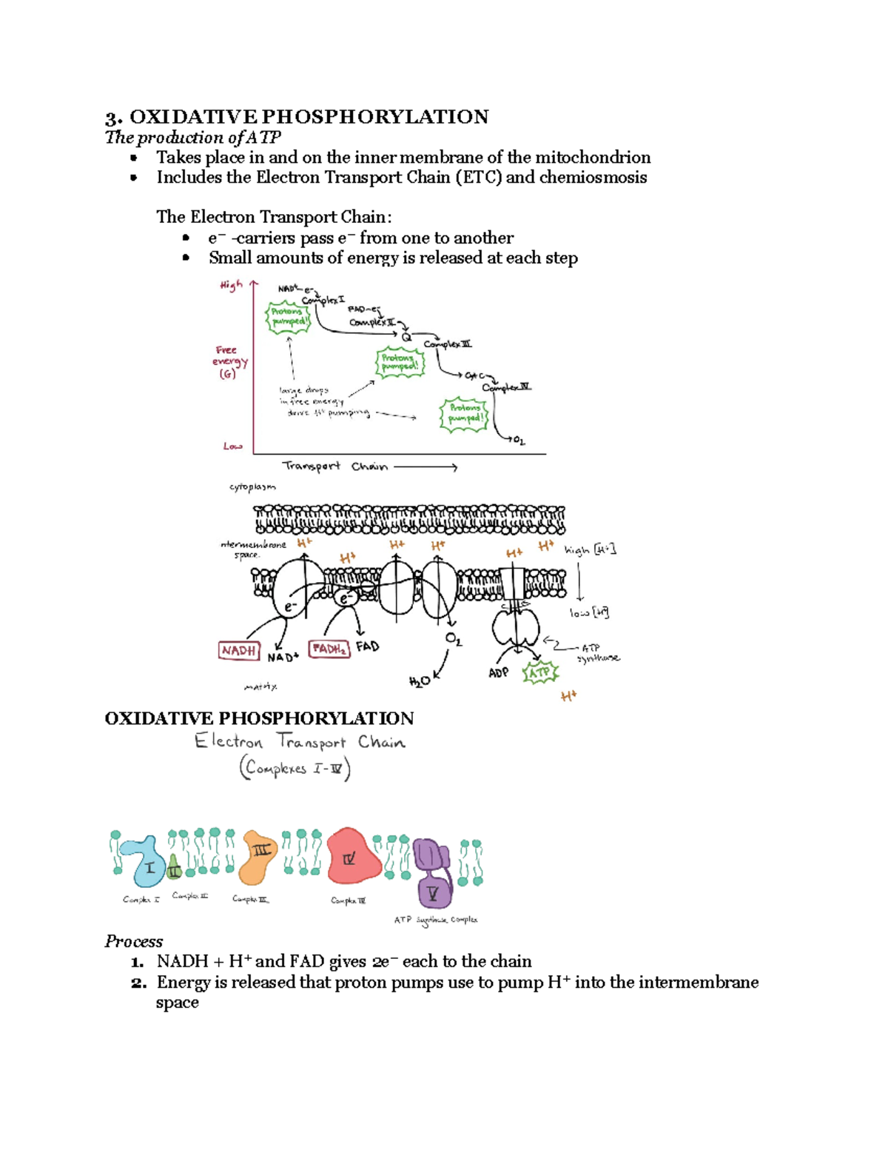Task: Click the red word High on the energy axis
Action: pos(231,285)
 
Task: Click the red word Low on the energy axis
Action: pos(232,446)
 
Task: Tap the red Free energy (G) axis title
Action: pos(229,362)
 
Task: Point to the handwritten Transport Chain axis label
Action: pos(334,466)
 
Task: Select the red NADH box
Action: pos(239,650)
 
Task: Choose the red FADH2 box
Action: pos(329,649)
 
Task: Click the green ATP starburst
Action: pos(539,672)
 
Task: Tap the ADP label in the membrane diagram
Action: pos(498,672)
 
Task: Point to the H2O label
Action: pos(419,681)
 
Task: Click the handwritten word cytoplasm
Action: pos(252,487)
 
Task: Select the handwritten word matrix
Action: pos(260,687)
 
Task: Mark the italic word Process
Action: pos(133,941)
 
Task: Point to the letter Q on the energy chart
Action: pos(406,337)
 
